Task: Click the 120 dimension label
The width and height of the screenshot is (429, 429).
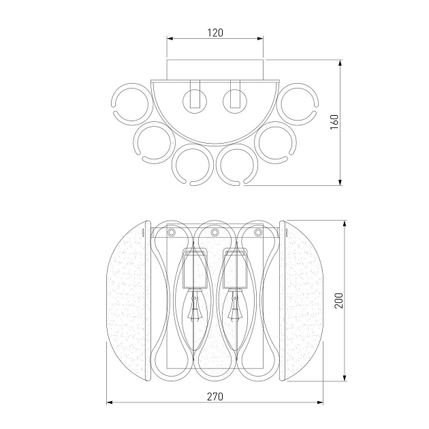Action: point(215,33)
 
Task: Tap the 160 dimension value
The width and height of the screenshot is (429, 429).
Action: point(334,122)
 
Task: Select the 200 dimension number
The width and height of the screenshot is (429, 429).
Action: point(339,300)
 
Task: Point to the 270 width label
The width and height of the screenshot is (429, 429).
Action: point(215,396)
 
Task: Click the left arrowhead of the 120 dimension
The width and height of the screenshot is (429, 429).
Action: point(170,39)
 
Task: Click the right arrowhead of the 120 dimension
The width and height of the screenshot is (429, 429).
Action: point(260,39)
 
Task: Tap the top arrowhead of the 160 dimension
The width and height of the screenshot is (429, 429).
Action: point(340,63)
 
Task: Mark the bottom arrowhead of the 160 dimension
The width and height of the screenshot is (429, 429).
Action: point(340,182)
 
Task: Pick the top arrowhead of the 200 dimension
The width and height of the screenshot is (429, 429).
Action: point(345,223)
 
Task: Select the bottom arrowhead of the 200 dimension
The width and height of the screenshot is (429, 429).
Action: point(345,377)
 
